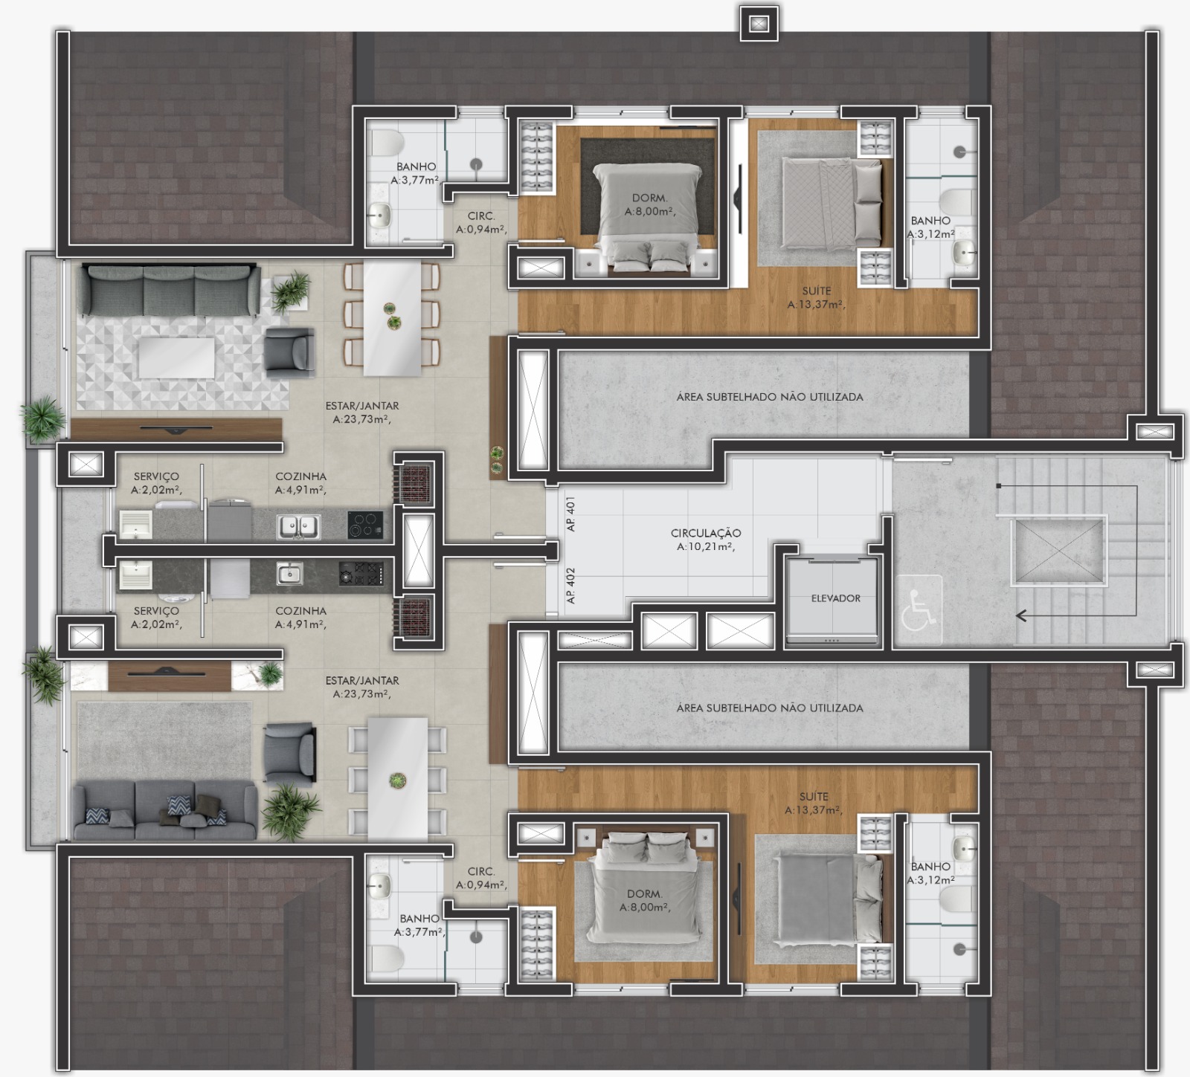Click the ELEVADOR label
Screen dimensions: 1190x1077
[x=836, y=598]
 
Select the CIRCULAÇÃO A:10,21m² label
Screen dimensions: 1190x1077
[x=706, y=540]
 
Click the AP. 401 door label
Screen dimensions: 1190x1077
[x=571, y=514]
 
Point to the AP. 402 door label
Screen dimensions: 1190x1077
[x=571, y=585]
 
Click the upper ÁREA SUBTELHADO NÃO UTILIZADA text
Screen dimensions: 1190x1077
[x=770, y=397]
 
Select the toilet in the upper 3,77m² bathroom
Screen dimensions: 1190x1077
[x=386, y=143]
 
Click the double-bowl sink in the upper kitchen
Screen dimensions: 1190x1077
[x=299, y=526]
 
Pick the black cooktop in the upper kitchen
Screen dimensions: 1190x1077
[x=365, y=525]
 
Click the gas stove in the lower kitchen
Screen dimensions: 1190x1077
[x=361, y=574]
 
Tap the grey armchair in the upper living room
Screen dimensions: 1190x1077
[x=289, y=354]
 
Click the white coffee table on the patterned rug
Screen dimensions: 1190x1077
[x=177, y=358]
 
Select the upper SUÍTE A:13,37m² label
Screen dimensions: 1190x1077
[x=816, y=297]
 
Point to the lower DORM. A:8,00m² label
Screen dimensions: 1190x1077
[x=645, y=900]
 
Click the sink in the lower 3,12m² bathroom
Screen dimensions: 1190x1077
[x=965, y=846]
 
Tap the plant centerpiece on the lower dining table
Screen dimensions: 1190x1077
[x=398, y=780]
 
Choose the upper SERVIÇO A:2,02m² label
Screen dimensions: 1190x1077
[x=156, y=483]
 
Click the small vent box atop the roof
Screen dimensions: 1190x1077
[x=758, y=24]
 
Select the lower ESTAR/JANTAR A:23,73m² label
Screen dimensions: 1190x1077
[x=362, y=687]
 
